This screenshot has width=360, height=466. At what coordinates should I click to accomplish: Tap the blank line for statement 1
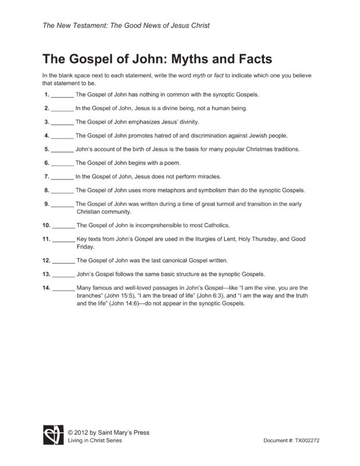click(62, 95)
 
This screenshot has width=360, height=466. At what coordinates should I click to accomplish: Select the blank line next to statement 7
click(62, 176)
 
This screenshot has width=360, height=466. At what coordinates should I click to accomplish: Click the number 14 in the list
click(47, 288)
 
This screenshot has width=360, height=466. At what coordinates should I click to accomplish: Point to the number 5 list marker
click(46, 149)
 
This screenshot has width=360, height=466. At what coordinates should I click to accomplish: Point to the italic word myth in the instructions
click(209, 76)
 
